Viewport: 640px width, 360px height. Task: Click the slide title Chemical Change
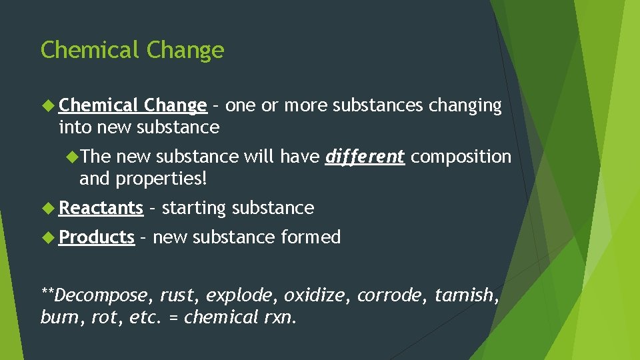tap(132, 50)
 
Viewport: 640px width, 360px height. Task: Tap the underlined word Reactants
tap(101, 208)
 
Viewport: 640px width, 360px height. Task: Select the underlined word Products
tap(97, 237)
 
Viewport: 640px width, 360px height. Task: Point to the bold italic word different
tap(365, 157)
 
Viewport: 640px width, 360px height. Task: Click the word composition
tap(461, 157)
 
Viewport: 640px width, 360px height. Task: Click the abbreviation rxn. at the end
tap(277, 317)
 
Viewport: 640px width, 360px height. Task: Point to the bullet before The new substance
tap(72, 157)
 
